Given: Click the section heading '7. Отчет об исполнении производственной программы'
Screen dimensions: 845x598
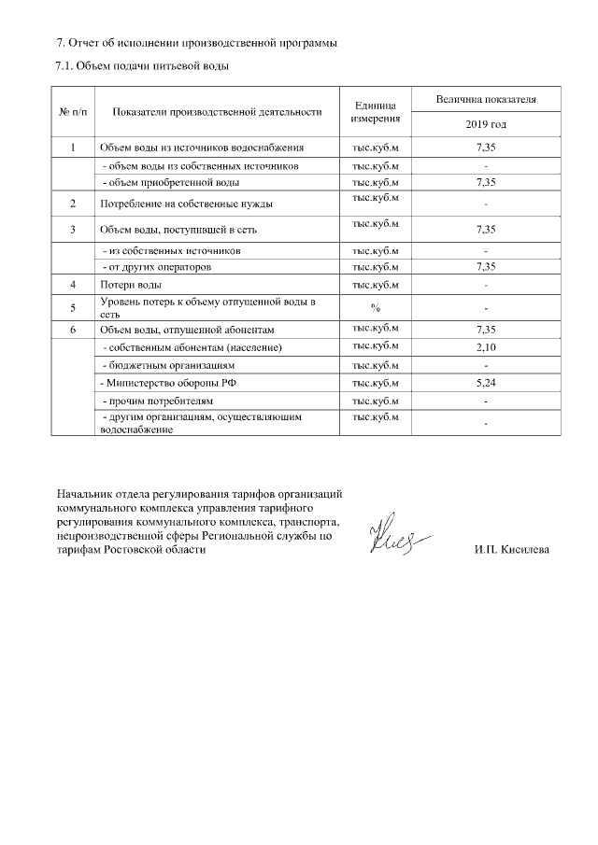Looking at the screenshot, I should click(197, 43).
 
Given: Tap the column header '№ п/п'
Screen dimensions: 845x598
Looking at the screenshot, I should click(73, 112).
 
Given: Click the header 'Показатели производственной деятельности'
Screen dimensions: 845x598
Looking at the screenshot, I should click(217, 112).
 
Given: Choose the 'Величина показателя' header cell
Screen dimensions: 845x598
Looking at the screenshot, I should click(485, 99).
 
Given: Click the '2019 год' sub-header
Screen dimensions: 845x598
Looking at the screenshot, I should click(485, 124).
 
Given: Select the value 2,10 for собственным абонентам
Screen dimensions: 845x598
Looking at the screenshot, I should click(485, 347).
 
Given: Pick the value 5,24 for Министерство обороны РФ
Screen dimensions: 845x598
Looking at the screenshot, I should click(485, 383).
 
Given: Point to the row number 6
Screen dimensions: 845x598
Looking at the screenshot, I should click(73, 330).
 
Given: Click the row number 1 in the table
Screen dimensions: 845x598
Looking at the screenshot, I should click(73, 148).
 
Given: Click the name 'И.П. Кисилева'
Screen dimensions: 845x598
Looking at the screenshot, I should click(512, 550).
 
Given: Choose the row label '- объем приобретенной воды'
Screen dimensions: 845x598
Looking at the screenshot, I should click(164, 182).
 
